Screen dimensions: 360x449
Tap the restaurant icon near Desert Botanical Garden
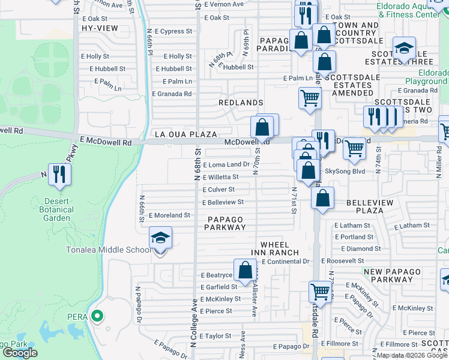pyautogui.click(x=59, y=175)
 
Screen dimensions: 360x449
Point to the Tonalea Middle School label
pyautogui.click(x=107, y=250)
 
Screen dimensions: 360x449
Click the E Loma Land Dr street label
pyautogui.click(x=226, y=164)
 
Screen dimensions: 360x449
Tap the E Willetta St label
pyautogui.click(x=220, y=177)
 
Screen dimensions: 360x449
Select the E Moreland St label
pyautogui.click(x=169, y=215)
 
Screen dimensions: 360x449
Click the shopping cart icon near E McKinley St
pyautogui.click(x=321, y=292)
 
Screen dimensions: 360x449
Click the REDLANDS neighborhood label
pyautogui.click(x=241, y=103)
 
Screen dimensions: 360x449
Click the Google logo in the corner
pyautogui.click(x=20, y=352)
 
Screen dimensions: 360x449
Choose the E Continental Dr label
pyautogui.click(x=289, y=262)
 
